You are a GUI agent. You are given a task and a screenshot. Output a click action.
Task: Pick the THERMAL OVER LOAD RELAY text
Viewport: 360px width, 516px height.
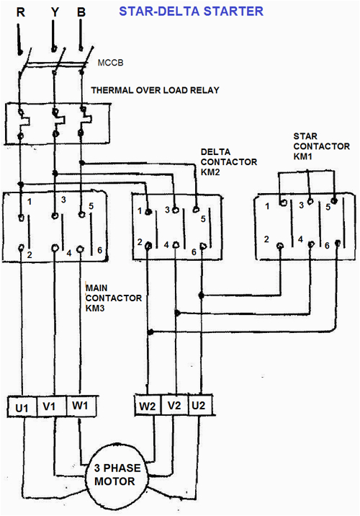tap(155, 90)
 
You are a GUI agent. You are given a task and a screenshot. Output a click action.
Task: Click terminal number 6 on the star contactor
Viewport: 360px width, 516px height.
tap(326, 246)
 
